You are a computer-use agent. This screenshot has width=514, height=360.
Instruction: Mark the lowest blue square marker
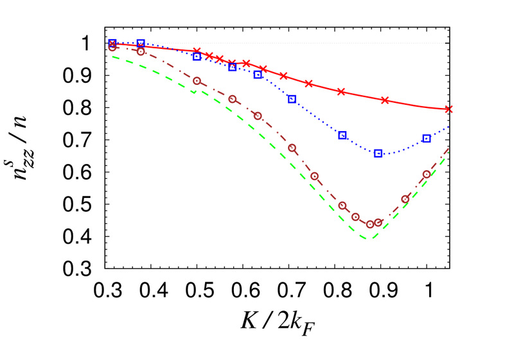378,153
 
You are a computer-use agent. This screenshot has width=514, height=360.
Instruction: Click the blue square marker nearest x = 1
427,138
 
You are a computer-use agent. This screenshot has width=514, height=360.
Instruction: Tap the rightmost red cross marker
449,109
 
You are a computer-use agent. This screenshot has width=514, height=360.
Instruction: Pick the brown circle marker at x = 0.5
197,81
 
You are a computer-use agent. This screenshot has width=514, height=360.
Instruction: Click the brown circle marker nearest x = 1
427,174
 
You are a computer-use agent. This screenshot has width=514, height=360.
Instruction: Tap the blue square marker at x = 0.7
292,99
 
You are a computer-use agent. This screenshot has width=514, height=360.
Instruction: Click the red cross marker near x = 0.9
385,100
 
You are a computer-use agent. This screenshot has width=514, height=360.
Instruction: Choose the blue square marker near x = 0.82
342,135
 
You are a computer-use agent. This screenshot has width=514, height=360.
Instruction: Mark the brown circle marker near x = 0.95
405,199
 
